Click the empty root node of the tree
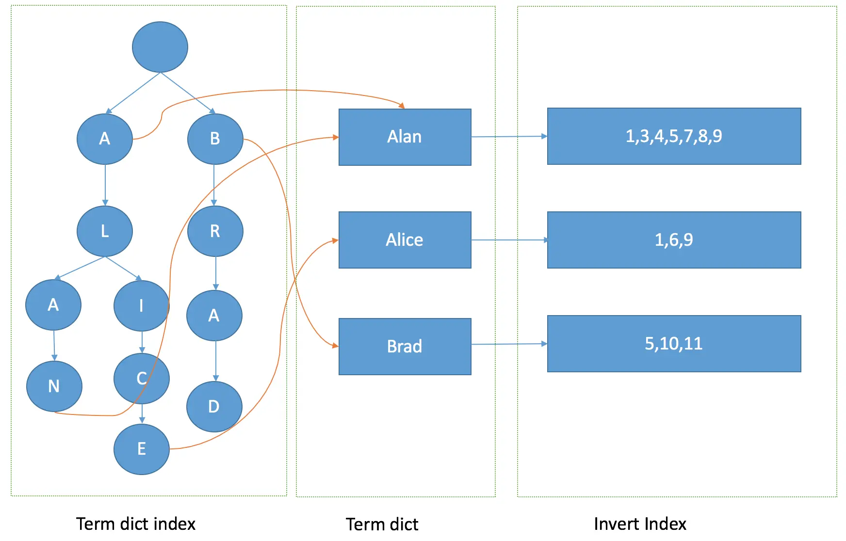160,47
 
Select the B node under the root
215,139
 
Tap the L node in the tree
105,231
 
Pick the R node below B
215,231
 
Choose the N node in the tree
54,386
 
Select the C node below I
141,379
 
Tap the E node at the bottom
141,449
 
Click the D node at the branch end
214,407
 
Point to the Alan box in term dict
405,137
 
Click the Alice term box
405,240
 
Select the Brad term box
405,347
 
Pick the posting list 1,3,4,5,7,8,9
674,136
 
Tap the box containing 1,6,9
674,240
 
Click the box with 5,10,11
674,344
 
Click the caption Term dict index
136,524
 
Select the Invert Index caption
640,524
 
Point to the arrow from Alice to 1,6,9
509,240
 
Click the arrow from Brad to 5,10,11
509,344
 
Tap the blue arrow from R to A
216,273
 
